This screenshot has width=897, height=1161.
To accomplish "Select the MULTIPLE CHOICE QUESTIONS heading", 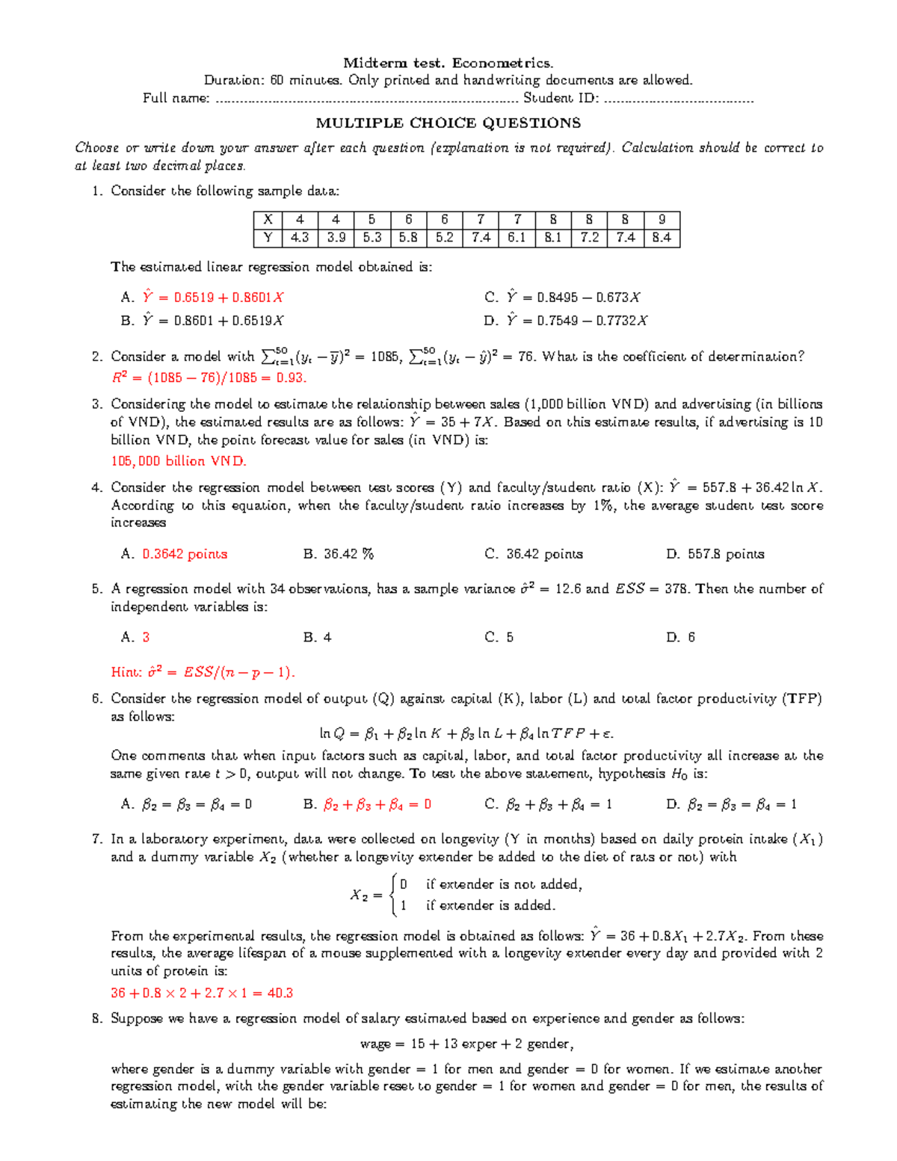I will pyautogui.click(x=448, y=123).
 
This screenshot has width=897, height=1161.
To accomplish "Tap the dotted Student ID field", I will pyautogui.click(x=679, y=99).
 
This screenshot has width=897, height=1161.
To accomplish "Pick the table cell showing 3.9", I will pyautogui.click(x=336, y=238).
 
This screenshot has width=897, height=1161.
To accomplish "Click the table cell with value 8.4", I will pyautogui.click(x=662, y=238).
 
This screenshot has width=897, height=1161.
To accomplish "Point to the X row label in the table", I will pyautogui.click(x=268, y=220).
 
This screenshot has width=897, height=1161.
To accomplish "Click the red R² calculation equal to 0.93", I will pyautogui.click(x=209, y=378).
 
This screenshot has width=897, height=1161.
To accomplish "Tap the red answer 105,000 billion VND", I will pyautogui.click(x=179, y=461).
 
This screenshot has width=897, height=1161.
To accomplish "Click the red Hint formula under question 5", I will pyautogui.click(x=203, y=672).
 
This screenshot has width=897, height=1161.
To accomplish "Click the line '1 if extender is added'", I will pyautogui.click(x=478, y=905).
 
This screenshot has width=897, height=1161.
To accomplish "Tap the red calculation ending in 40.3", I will pyautogui.click(x=202, y=994).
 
